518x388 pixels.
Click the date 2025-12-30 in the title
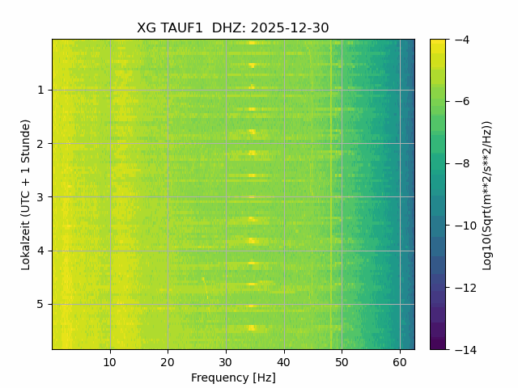[290, 28]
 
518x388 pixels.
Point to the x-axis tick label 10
[110, 361]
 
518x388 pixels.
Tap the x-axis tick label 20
[168, 361]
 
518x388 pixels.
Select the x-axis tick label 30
[226, 361]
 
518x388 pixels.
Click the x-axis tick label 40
[283, 361]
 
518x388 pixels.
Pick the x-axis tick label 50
[342, 361]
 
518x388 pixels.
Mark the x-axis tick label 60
[400, 361]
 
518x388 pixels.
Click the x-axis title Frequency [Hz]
[233, 377]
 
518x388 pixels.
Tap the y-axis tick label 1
[40, 91]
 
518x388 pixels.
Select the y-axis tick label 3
[40, 197]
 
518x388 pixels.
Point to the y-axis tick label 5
[40, 305]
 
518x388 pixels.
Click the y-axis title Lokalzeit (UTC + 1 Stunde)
[26, 194]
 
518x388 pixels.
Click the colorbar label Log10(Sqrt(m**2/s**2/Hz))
[487, 194]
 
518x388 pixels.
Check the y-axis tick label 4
[40, 251]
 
